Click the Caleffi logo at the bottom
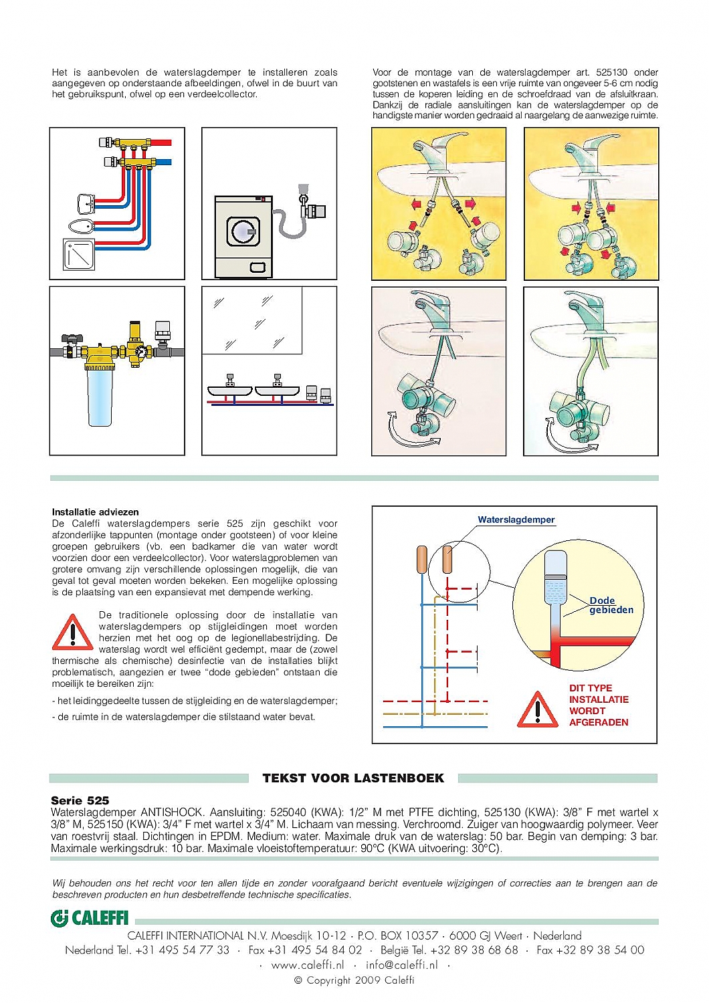point(90,918)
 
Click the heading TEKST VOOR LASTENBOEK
point(353,778)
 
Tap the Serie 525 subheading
point(80,800)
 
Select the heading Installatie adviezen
point(95,512)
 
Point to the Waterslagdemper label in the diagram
point(516,520)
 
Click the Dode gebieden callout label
point(610,605)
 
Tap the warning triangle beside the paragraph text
point(72,633)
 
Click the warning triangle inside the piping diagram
point(537,709)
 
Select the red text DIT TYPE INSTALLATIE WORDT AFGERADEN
point(599,705)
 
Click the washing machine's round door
point(242,231)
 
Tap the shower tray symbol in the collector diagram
point(79,254)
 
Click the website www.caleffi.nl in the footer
point(307,965)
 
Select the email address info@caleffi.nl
point(401,965)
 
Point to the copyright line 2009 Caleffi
point(354,980)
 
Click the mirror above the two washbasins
point(252,320)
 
